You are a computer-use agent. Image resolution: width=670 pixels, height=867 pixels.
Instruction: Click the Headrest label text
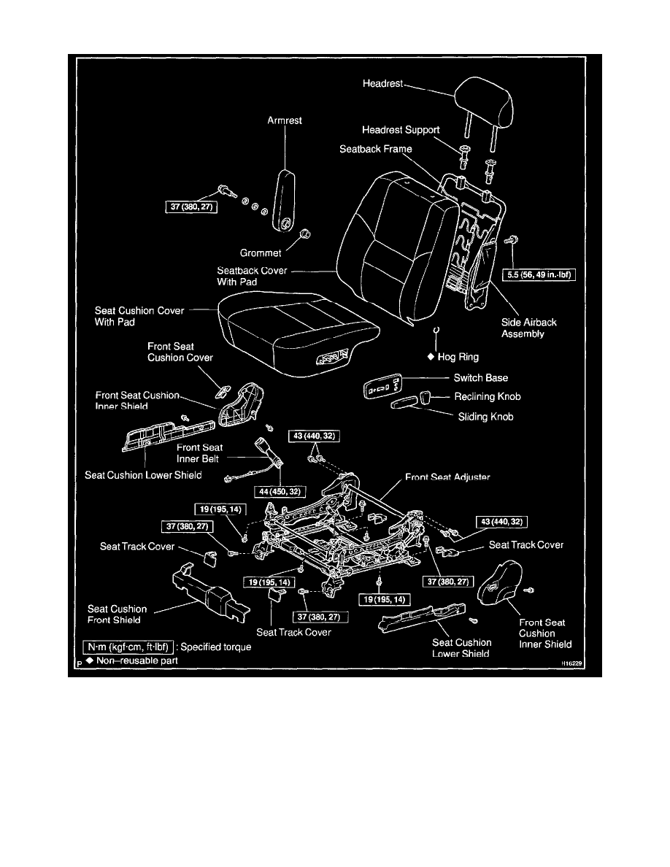[x=382, y=85]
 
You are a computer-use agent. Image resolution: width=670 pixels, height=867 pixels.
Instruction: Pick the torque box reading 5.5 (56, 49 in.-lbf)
[x=541, y=275]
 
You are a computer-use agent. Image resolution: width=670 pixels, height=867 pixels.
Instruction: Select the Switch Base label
[x=481, y=378]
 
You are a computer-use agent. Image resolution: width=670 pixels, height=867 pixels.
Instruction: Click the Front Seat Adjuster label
[x=447, y=477]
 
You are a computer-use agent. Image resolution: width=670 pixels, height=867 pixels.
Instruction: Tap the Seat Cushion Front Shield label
[x=117, y=614]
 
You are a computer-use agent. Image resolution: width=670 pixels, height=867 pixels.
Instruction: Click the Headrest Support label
[x=401, y=130]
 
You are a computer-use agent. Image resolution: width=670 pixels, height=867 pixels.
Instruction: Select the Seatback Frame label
[x=376, y=149]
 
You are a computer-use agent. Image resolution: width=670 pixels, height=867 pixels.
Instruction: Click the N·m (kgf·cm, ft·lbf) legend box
[x=127, y=647]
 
